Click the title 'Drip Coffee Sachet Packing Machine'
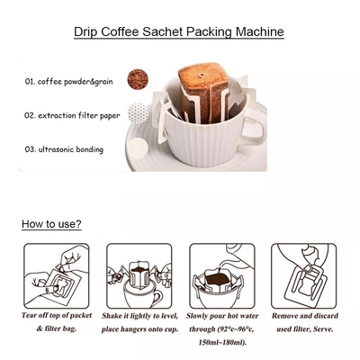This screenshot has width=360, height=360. [x=179, y=31]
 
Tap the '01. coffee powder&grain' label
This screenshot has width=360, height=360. [x=68, y=81]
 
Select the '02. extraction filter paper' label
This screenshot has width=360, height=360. [x=72, y=115]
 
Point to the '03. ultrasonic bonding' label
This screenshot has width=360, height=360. [x=64, y=149]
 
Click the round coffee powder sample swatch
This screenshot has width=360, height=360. [x=138, y=79]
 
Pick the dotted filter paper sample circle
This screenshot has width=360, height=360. [x=138, y=113]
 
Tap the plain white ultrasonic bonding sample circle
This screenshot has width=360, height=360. [x=139, y=148]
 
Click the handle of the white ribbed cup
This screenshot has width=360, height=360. [x=252, y=131]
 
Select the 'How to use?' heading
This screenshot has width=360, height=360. [x=51, y=224]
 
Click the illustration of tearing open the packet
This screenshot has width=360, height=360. [x=57, y=276]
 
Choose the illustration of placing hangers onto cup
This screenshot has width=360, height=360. [x=139, y=276]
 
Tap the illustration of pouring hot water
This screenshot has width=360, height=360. [x=222, y=276]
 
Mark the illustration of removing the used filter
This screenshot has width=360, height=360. [x=304, y=276]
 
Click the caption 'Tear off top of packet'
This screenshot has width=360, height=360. [x=57, y=316]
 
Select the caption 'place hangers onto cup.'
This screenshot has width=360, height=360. [x=139, y=329]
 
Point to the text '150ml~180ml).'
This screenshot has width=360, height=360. [x=222, y=342]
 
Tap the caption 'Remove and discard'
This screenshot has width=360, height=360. [x=305, y=316]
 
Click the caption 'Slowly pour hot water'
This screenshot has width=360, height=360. [x=222, y=316]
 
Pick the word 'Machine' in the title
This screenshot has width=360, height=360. [x=260, y=31]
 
